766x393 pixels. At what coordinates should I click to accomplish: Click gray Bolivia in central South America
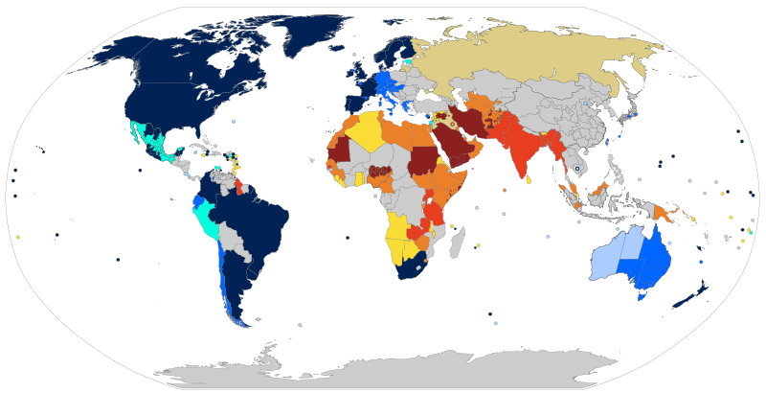(231, 235)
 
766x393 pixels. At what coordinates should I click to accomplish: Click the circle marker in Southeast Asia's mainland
(577, 170)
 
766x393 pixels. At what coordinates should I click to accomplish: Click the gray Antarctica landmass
(383, 369)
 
